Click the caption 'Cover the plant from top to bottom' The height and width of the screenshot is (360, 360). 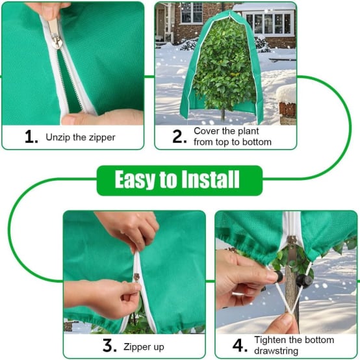tap(232, 136)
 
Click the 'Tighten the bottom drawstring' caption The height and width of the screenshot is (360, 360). tap(294, 346)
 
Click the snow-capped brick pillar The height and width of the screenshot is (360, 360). tap(286, 104)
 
